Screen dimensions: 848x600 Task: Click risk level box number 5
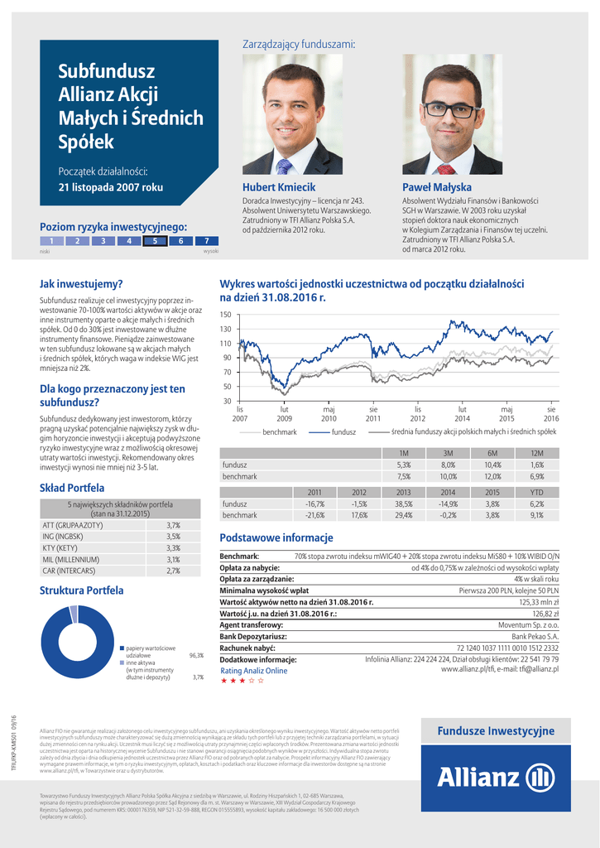coord(154,241)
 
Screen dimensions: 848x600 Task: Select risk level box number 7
coord(206,241)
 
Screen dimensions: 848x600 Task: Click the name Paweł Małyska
coord(436,187)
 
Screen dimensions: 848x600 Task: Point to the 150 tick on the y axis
coord(225,315)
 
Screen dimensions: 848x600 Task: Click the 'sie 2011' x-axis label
coord(373,413)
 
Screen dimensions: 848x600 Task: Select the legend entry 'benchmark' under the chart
coord(279,432)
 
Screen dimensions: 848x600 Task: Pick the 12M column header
coord(536,453)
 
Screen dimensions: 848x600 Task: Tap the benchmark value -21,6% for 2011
coord(314,515)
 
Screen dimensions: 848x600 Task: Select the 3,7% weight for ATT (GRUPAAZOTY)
coord(173,525)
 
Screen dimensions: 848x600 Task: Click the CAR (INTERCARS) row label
coord(70,571)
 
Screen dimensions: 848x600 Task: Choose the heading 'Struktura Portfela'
coord(81,590)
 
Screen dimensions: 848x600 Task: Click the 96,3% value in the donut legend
coord(196,655)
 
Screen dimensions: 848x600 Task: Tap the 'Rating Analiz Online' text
coord(253,670)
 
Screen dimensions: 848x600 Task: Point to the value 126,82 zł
coord(545,614)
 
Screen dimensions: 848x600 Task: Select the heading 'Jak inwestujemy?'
coord(81,283)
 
